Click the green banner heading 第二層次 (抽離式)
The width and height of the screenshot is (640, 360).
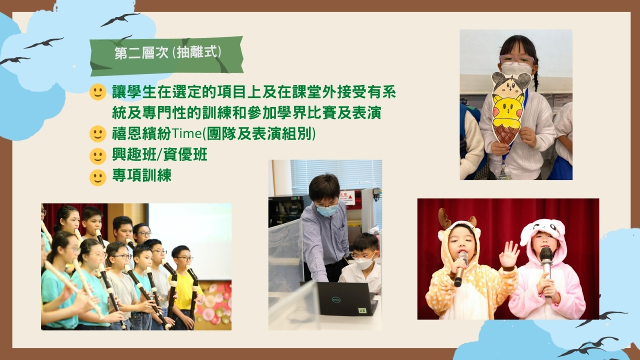pos(166,56)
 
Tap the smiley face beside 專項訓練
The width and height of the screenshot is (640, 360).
pos(97,177)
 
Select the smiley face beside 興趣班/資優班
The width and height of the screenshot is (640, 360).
pos(97,156)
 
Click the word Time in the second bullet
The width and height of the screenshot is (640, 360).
pos(186,133)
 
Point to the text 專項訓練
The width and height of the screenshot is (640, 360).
pos(141,175)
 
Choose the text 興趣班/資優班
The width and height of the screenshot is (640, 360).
pos(159,154)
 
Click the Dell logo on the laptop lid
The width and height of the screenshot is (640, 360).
pos(336,299)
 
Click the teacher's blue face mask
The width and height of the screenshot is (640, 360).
pos(327,210)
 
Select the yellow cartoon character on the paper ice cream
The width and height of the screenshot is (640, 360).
pos(507,109)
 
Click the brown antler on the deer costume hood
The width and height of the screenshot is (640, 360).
pos(444,218)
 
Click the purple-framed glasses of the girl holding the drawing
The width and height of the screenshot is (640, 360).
pos(516,60)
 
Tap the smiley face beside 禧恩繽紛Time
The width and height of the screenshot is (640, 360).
pos(97,134)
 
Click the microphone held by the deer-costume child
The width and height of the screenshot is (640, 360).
pos(460,268)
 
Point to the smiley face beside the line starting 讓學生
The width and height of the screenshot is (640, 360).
pos(97,92)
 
